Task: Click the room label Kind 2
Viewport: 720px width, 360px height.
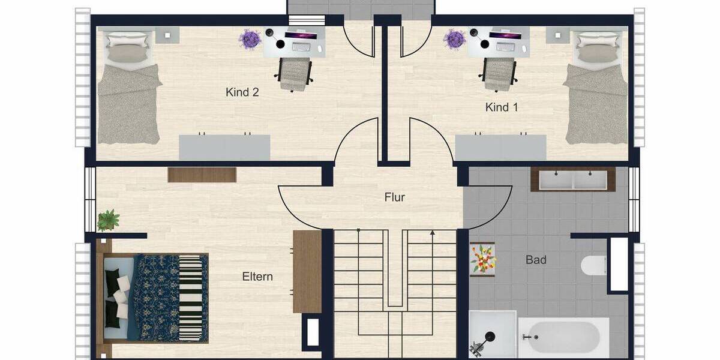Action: (x=242, y=92)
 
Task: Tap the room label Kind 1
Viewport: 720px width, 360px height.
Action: (x=502, y=107)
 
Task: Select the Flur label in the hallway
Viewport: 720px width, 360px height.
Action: (x=395, y=197)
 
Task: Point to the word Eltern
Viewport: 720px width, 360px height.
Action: (x=257, y=277)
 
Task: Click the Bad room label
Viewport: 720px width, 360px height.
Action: (x=536, y=260)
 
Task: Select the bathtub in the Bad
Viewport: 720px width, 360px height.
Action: (x=563, y=338)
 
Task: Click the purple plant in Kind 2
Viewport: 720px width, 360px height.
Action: (x=250, y=40)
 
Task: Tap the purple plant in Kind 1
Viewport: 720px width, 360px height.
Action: (x=455, y=40)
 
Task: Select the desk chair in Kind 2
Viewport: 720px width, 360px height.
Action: (x=294, y=73)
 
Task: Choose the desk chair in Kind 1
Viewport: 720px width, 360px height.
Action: (x=500, y=73)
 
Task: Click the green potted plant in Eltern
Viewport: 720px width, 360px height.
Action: (x=108, y=220)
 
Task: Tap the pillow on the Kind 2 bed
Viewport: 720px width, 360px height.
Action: (x=127, y=52)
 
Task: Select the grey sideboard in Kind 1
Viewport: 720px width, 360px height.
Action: (x=500, y=148)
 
